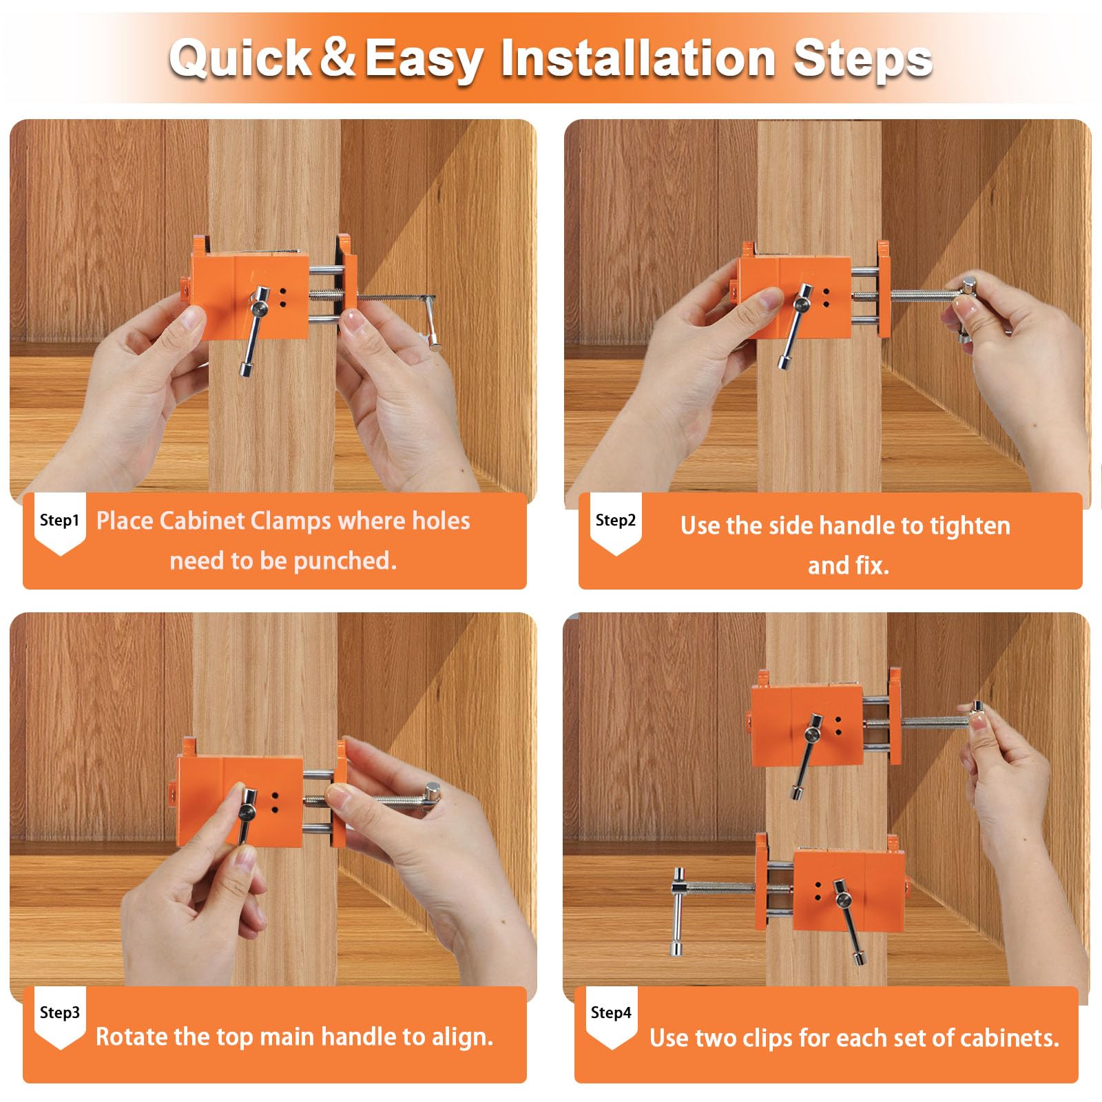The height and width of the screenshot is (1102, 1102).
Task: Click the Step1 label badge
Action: pyautogui.click(x=60, y=523)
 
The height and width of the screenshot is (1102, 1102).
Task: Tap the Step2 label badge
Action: pyautogui.click(x=616, y=523)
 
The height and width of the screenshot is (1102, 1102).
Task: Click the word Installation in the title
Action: pyautogui.click(x=638, y=58)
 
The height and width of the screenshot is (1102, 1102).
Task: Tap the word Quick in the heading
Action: pyautogui.click(x=241, y=58)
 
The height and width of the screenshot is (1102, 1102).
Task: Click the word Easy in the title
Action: pyautogui.click(x=423, y=59)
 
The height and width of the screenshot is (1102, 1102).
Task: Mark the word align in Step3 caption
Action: pyautogui.click(x=461, y=1037)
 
